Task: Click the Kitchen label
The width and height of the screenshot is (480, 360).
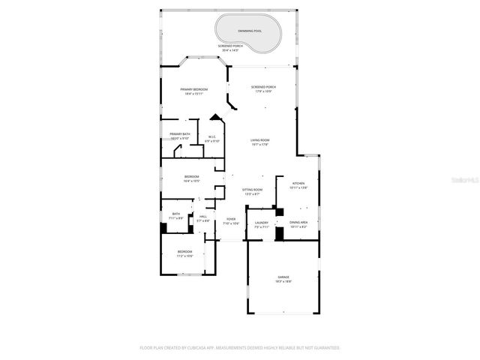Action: tap(298, 184)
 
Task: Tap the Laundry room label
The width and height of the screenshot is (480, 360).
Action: tap(262, 223)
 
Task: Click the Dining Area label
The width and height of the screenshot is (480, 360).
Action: tap(298, 223)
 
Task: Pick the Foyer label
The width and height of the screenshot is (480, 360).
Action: tap(231, 220)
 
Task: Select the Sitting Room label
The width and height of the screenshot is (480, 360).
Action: tap(252, 191)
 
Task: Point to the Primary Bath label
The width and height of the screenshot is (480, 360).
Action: tap(180, 136)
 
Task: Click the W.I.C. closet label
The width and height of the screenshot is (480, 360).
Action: tap(212, 139)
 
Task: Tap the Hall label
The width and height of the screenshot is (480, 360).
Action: tap(202, 218)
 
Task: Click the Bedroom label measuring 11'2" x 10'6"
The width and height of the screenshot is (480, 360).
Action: tap(184, 253)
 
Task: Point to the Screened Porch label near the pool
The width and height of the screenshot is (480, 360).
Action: tap(229, 48)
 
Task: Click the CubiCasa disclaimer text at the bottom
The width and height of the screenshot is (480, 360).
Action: tap(240, 348)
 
